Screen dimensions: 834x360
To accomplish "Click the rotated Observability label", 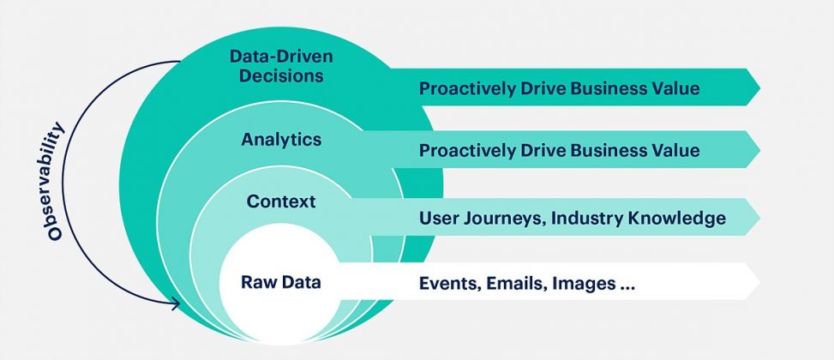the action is (56, 182).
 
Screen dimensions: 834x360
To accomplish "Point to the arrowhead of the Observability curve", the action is (177, 303).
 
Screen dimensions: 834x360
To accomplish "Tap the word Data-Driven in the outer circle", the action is (281, 56).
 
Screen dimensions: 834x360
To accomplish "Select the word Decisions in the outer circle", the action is (281, 75).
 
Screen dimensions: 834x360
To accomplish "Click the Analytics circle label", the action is (281, 140).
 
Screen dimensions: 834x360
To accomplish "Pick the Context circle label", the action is (281, 202).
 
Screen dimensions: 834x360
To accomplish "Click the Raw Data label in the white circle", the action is (281, 282).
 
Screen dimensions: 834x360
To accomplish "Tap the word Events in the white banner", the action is (448, 284).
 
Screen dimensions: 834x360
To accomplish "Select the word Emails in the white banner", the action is (515, 284).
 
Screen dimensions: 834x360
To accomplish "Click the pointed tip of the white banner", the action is (759, 281).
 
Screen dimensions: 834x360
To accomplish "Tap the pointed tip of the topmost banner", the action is (759, 87).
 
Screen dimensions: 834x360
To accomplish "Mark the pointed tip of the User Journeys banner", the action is (759, 217).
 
